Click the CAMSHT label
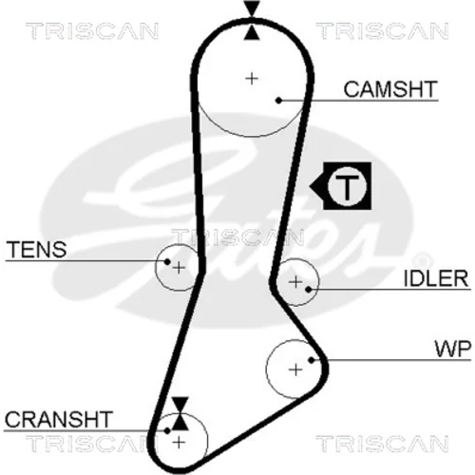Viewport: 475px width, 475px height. [390, 89]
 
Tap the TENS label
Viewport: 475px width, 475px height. [36, 250]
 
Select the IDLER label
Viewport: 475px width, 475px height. [436, 278]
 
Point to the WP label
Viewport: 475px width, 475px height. [453, 349]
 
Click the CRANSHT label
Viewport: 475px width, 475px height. [59, 419]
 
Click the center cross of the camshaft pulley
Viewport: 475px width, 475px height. [252, 78]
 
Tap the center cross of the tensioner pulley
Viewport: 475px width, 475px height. [179, 268]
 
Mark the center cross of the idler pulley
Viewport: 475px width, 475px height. [295, 282]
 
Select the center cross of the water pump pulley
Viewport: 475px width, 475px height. [295, 370]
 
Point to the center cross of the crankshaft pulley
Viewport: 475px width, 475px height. [180, 442]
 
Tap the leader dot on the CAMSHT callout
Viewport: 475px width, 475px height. [278, 101]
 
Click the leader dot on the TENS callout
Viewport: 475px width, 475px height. [167, 261]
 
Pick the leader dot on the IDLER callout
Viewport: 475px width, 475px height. [309, 289]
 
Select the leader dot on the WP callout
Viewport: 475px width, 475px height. [312, 360]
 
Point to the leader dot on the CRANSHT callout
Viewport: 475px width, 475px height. [167, 430]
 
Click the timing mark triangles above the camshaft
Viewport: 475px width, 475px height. [252, 21]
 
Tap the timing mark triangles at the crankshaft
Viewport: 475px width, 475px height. [180, 413]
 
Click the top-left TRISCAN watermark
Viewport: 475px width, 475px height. [92, 31]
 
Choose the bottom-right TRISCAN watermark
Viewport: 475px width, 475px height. [382, 444]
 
